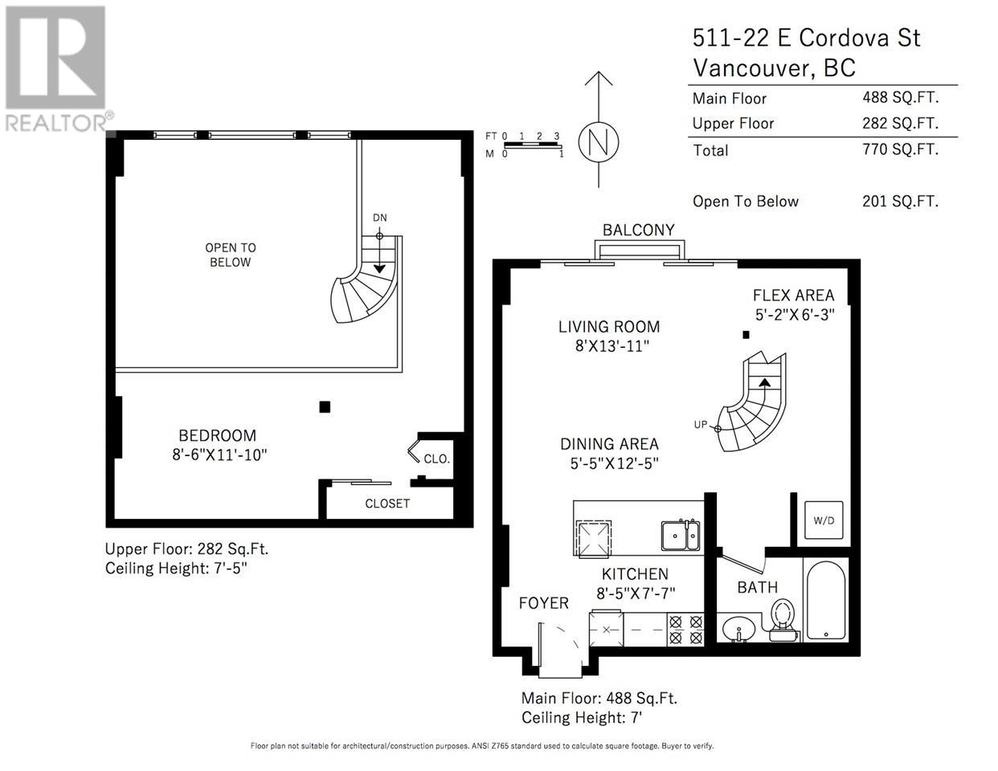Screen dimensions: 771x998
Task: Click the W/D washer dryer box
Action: coord(824,520)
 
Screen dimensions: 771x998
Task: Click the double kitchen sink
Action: coord(680,535)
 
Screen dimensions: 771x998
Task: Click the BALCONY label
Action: coord(639,230)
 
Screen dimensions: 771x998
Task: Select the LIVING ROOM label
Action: coord(609,327)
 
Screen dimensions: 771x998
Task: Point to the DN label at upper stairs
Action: coord(380,218)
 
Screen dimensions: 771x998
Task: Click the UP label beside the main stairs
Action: coord(700,424)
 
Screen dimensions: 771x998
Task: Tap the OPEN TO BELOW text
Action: coord(230,255)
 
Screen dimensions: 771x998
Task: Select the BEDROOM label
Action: coord(217,435)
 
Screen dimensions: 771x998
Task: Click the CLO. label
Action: coord(437,459)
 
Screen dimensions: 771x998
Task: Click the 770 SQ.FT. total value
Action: coord(900,149)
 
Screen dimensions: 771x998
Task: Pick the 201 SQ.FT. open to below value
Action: coord(900,202)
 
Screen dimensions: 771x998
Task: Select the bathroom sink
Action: coord(736,629)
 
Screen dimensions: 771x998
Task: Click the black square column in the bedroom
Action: coord(325,407)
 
